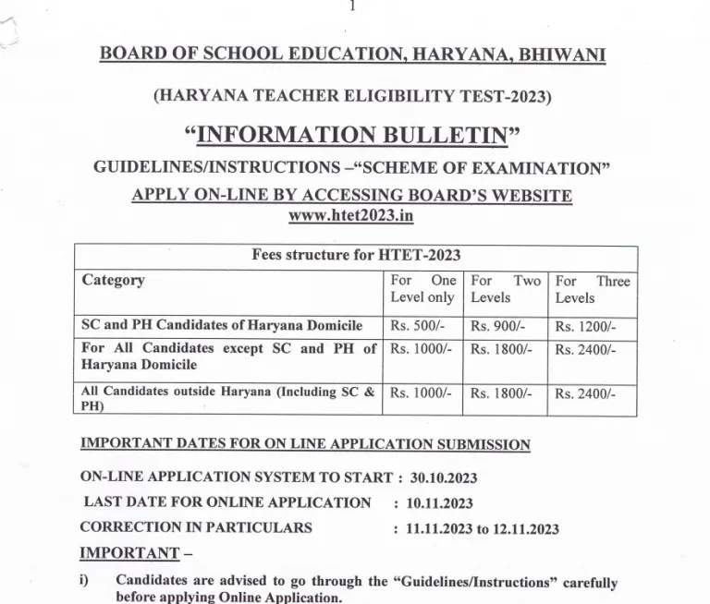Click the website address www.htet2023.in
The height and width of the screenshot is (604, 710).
coord(351,215)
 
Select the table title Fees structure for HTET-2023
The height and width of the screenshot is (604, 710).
coord(356,256)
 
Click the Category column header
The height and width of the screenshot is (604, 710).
coord(114,280)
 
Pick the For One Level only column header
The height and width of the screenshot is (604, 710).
coord(422,289)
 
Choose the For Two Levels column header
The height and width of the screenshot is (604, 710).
coord(505,289)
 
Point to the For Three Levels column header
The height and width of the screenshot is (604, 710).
coord(592,289)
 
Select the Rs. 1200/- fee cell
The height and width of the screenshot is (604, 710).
coord(585,326)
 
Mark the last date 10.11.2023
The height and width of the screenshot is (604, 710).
coord(439,503)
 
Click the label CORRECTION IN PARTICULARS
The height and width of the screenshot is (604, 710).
coord(196,527)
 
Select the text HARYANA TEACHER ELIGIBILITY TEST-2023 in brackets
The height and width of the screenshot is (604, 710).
coord(354,93)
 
